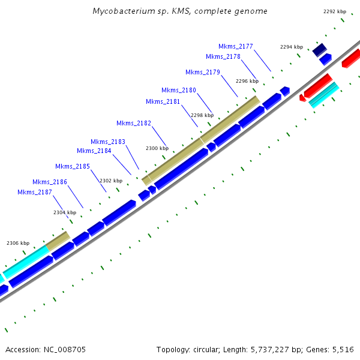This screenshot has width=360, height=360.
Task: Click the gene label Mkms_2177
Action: click(x=236, y=46)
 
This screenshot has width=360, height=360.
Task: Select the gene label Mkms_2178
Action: click(x=223, y=56)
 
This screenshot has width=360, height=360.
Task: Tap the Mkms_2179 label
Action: click(x=203, y=72)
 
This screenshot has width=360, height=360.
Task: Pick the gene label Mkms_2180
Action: click(x=179, y=90)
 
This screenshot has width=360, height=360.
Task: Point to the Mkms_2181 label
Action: click(x=163, y=101)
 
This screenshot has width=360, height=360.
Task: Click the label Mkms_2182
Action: click(x=134, y=123)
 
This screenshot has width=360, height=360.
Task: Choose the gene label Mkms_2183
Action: click(x=108, y=142)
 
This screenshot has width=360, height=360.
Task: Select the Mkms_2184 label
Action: click(x=94, y=151)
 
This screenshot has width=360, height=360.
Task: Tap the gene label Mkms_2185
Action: click(x=73, y=166)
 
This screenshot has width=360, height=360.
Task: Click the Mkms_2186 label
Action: click(x=50, y=182)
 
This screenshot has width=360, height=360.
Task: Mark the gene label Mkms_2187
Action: click(x=35, y=192)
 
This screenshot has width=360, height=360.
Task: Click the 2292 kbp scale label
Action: click(x=335, y=11)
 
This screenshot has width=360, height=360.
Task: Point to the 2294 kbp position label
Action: click(x=292, y=47)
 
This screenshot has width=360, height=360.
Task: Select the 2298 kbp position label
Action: click(x=202, y=115)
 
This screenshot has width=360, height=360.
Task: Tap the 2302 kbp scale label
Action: click(x=111, y=181)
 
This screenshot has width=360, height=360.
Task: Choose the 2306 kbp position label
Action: click(x=18, y=243)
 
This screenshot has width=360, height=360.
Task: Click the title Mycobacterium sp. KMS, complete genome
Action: click(x=180, y=11)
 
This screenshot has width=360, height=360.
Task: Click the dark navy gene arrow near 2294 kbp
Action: click(x=319, y=50)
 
